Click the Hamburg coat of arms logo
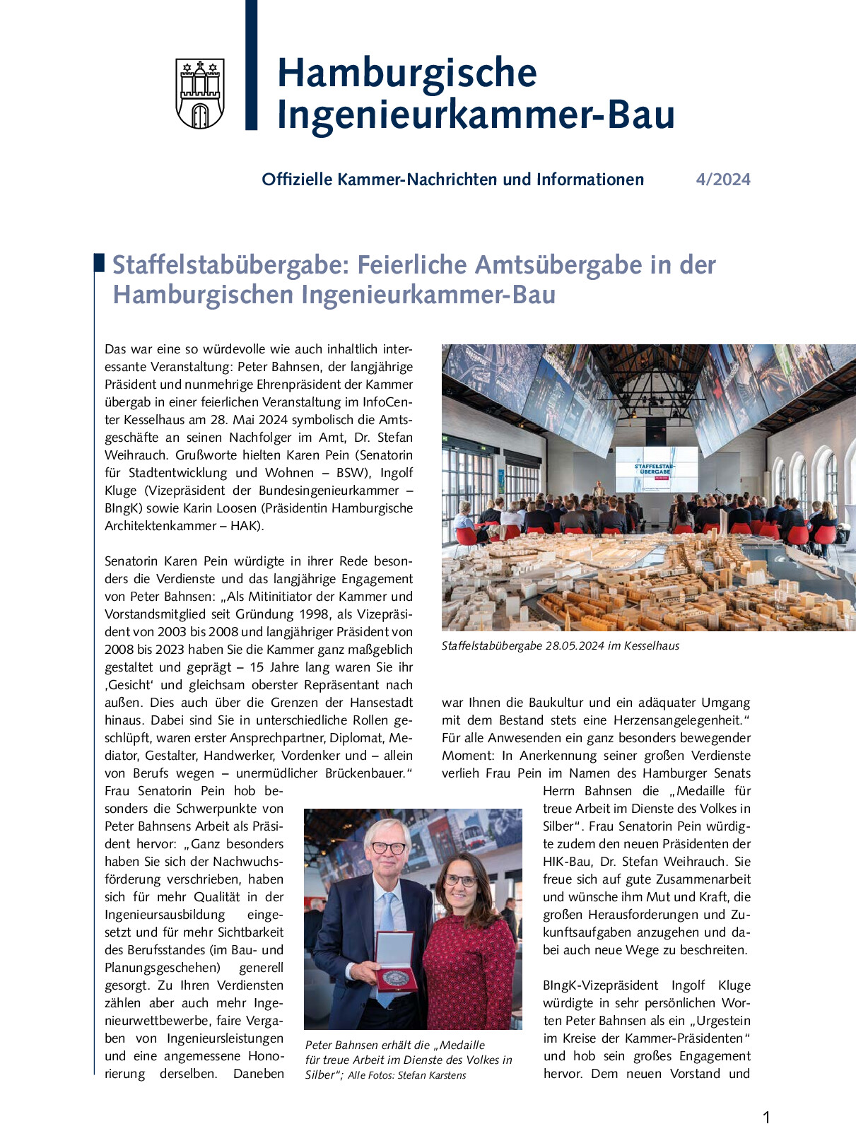(x=200, y=94)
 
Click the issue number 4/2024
(x=723, y=180)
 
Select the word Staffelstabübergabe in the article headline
(x=230, y=265)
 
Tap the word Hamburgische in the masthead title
(x=406, y=73)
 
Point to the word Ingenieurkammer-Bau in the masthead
(x=476, y=115)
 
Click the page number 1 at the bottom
(x=767, y=1118)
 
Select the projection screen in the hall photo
(x=655, y=469)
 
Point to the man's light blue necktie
(x=386, y=919)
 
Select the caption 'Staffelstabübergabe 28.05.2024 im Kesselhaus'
(x=560, y=645)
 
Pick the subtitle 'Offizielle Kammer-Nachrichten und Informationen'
(x=452, y=180)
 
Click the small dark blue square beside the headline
(x=99, y=262)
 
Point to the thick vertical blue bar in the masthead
(x=251, y=65)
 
